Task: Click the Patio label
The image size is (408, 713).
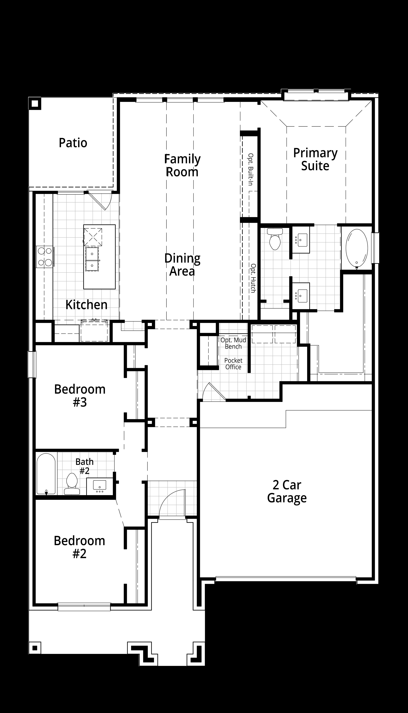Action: pos(73,143)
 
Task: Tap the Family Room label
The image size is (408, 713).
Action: pos(182,166)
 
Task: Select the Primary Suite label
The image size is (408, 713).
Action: pos(315,159)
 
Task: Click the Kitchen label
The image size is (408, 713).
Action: pos(86,305)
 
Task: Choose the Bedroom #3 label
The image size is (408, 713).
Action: pos(80,396)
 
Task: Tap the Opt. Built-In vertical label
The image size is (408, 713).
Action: pos(251,169)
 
